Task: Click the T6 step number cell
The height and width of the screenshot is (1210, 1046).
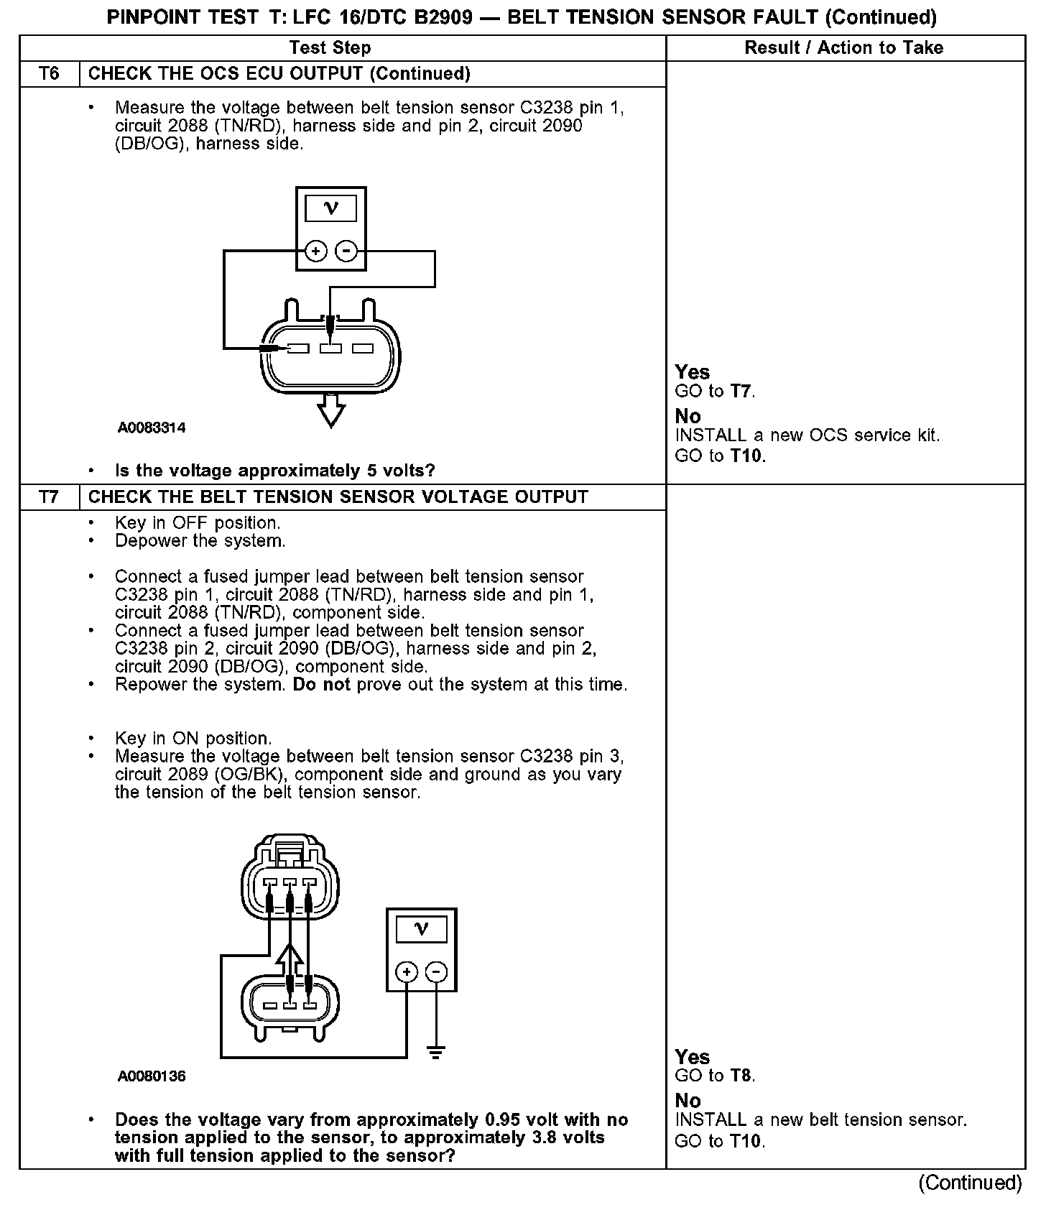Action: tap(49, 74)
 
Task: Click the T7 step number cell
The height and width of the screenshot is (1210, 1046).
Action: tap(49, 497)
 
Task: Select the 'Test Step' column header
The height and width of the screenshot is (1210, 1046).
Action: tap(330, 48)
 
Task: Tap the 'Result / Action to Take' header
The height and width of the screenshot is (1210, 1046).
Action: tap(844, 48)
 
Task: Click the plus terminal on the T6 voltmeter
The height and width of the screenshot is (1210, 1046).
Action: tap(316, 251)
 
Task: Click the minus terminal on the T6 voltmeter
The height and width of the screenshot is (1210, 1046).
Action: tap(346, 251)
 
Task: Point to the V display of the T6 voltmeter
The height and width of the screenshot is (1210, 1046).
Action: tap(331, 208)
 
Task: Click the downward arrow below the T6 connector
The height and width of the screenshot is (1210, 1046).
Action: tap(330, 412)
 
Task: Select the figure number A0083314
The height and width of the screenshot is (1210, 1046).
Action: tap(152, 428)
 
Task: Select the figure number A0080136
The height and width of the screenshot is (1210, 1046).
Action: tap(152, 1076)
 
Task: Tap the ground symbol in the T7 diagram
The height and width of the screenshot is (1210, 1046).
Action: tap(435, 1053)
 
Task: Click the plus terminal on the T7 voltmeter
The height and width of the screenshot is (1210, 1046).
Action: tap(407, 972)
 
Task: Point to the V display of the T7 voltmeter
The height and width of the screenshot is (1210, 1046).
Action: tap(422, 930)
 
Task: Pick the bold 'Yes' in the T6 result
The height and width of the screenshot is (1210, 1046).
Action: tap(693, 372)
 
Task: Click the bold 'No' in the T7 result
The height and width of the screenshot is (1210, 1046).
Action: tap(688, 1100)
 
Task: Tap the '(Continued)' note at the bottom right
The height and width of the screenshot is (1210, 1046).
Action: tap(970, 1183)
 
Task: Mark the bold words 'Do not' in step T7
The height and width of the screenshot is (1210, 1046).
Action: tap(321, 685)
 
